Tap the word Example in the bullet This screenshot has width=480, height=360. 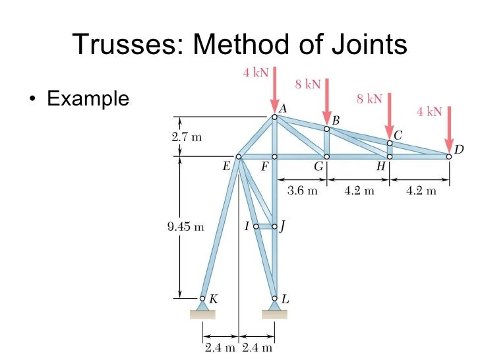pyautogui.click(x=88, y=100)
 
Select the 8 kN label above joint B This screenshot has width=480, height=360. pyautogui.click(x=307, y=84)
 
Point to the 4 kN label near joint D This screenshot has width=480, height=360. pyautogui.click(x=429, y=112)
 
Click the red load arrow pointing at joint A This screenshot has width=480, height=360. pyautogui.click(x=274, y=89)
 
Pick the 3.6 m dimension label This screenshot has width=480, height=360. pyautogui.click(x=303, y=191)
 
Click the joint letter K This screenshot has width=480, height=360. pyautogui.click(x=214, y=299)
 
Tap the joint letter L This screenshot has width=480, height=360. pyautogui.click(x=285, y=299)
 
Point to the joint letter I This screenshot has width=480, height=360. pyautogui.click(x=247, y=226)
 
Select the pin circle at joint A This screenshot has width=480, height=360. pyautogui.click(x=275, y=117)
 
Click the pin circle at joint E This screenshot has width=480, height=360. pyautogui.click(x=239, y=157)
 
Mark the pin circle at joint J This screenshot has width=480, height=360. pyautogui.click(x=274, y=226)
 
